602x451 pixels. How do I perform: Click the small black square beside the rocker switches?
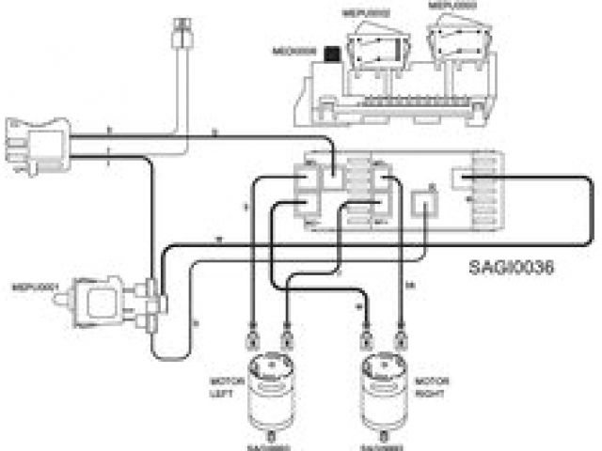[x=331, y=54]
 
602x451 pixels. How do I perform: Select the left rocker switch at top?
[x=374, y=43]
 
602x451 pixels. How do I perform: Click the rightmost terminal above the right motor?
[x=403, y=334]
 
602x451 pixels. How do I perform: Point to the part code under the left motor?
[x=271, y=446]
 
